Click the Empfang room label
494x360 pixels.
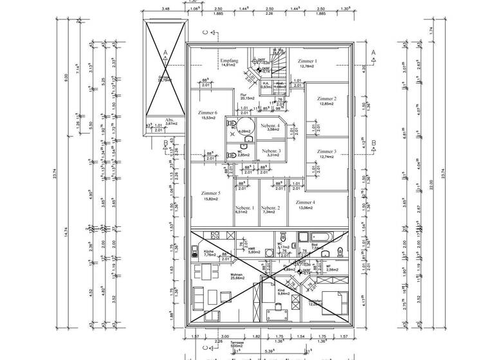pos(230,60)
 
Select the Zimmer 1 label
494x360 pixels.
pos(307,61)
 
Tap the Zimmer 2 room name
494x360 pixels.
pos(327,98)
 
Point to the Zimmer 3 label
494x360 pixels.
pos(326,151)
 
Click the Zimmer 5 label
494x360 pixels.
pos(210,194)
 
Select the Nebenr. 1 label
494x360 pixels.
pos(245,208)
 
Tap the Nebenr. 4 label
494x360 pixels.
pos(270,125)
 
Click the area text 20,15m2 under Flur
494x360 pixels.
pos(247,99)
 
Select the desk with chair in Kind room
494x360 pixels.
pos(274,315)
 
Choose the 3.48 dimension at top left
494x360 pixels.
pos(165,10)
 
